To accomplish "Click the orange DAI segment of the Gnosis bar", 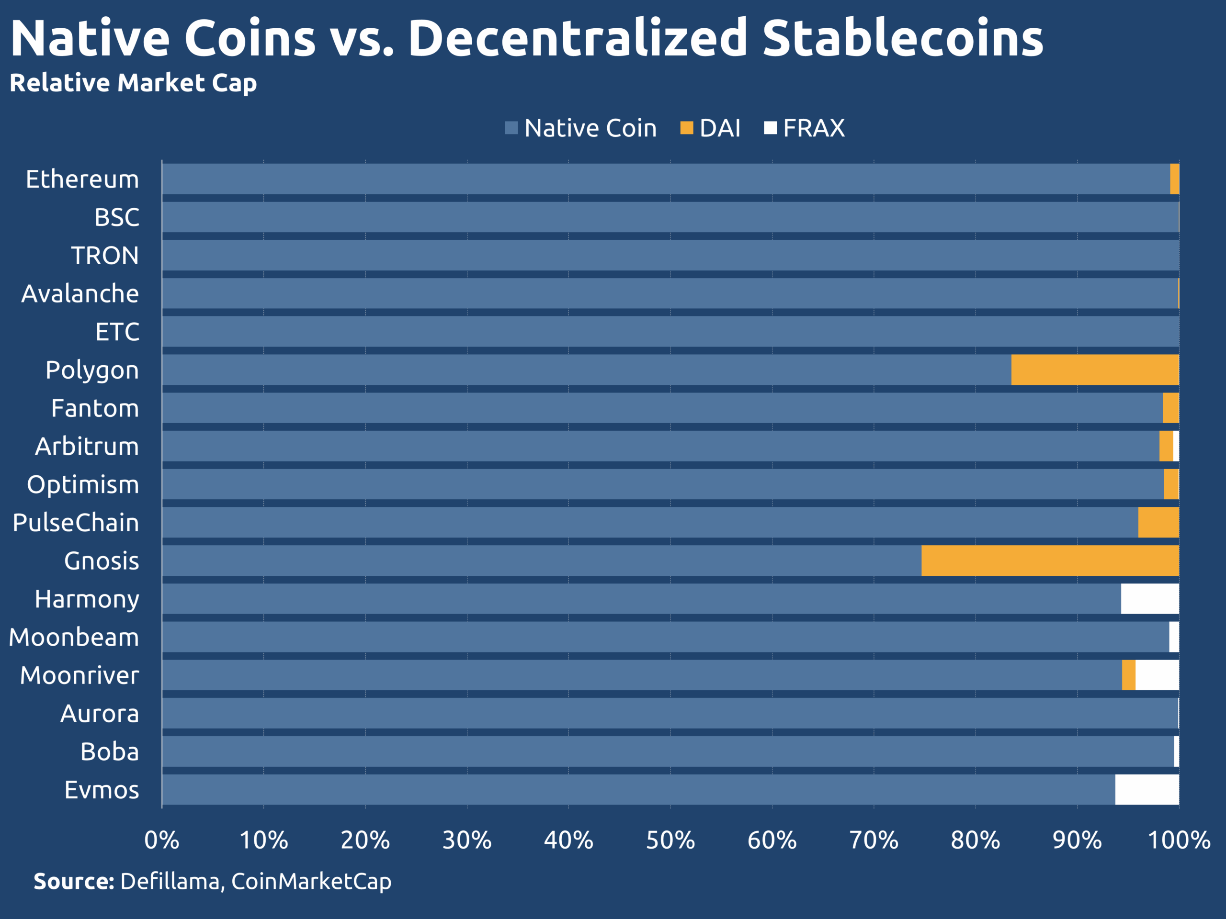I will coord(1050,560).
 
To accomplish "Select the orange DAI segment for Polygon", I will coord(1095,370).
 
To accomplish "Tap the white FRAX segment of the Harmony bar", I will coord(1149,599).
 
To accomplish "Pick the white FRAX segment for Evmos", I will coord(1147,789).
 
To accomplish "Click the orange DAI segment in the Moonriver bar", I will coord(1128,675).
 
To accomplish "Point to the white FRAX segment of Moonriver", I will coord(1157,675).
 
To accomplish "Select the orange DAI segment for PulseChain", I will coord(1158,522).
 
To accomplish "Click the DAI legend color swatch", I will coord(687,128).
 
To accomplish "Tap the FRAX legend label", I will coord(814,128).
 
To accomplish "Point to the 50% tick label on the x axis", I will coord(670,841).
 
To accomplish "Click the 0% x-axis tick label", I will coord(162,841).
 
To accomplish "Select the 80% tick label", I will coord(976,841).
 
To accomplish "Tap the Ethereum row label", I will coord(82,179).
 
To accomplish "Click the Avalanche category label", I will coord(80,293).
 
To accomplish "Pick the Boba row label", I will coord(109,751).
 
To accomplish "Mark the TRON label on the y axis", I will coord(105,256).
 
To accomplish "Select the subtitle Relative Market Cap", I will coord(133,83).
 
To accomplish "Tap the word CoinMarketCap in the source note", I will coord(311,881).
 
